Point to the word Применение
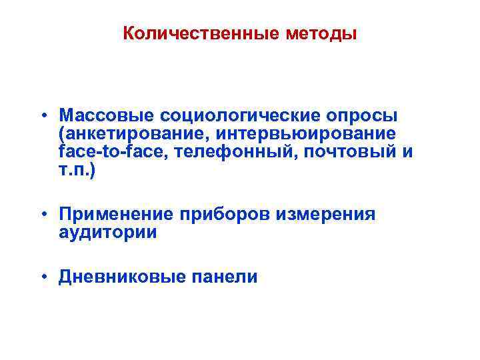117,214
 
